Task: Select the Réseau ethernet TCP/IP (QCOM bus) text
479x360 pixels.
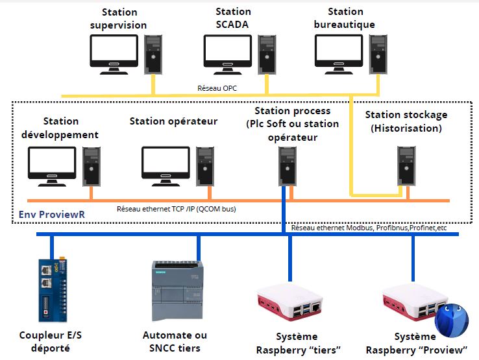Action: pos(176,209)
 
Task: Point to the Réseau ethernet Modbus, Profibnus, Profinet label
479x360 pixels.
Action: pos(369,228)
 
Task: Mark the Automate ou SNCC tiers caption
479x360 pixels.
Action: pos(175,342)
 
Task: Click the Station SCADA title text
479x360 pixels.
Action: pos(233,18)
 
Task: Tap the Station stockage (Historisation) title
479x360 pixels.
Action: pos(406,121)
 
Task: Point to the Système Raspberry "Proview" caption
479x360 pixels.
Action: pos(416,343)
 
